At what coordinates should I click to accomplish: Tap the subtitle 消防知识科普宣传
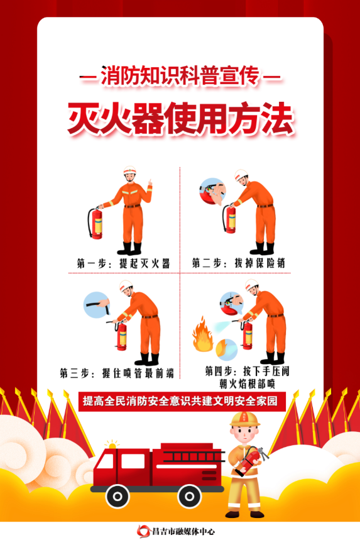[x=180, y=79]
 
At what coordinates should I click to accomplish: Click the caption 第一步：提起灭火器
[x=123, y=263]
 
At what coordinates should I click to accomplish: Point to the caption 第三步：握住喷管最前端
[x=116, y=372]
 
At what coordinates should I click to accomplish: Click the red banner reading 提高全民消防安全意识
[x=180, y=400]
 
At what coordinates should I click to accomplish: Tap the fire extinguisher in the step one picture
[x=96, y=223]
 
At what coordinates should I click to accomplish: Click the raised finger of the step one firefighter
[x=150, y=183]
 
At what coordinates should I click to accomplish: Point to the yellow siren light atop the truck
[x=112, y=445]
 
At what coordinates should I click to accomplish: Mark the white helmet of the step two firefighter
[x=241, y=174]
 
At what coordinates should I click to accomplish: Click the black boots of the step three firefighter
[x=146, y=359]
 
